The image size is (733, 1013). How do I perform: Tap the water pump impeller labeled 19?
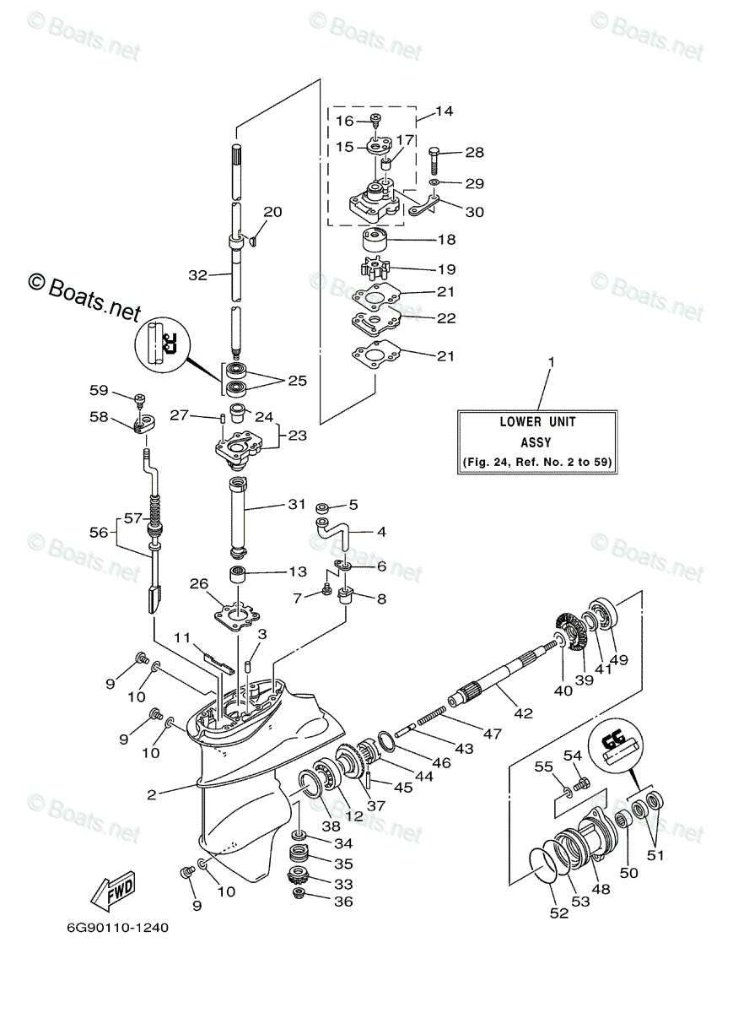point(375,268)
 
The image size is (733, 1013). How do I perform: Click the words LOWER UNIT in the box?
point(537,421)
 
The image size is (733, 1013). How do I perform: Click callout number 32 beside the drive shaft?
point(197,275)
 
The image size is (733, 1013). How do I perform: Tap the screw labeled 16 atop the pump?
point(375,118)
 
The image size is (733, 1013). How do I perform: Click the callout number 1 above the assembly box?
point(551,362)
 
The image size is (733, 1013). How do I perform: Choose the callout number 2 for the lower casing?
point(152,794)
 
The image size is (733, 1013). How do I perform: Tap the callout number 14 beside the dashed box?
point(445,111)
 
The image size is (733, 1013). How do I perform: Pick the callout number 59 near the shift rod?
point(99,390)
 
